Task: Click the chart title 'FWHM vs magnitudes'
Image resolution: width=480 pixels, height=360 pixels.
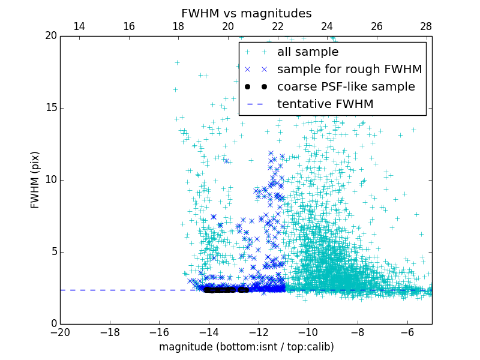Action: coord(246,13)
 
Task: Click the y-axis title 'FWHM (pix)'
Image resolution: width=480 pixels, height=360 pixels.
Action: coord(35,180)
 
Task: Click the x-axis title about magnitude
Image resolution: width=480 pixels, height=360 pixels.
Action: coord(246,347)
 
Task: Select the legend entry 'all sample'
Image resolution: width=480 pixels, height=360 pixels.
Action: coord(308,52)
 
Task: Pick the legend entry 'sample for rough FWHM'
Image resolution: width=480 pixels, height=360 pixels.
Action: coord(349,70)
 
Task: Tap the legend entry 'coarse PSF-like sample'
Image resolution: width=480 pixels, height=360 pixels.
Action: coord(346,87)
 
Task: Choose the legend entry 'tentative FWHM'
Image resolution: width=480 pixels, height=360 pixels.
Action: coord(325,104)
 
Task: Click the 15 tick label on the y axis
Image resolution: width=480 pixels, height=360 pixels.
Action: coord(50,108)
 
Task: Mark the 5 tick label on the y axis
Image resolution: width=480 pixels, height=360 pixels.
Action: coord(53,252)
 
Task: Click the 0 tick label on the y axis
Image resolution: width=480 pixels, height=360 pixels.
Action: coord(53,324)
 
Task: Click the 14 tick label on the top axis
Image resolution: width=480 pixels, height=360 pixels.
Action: coord(79,26)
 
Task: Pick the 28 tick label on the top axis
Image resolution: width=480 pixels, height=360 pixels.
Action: coord(426,26)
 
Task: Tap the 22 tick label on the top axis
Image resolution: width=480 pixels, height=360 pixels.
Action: coord(277,26)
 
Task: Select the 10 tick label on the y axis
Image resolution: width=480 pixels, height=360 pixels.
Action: coord(50,180)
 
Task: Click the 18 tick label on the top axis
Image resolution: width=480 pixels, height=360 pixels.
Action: coord(178,26)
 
